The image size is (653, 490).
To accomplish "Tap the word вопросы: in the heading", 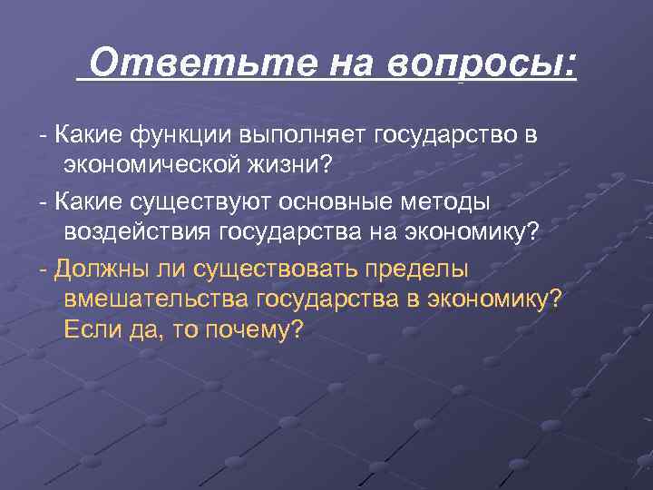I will (x=482, y=64).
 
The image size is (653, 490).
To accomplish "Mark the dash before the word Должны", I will (x=43, y=269).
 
